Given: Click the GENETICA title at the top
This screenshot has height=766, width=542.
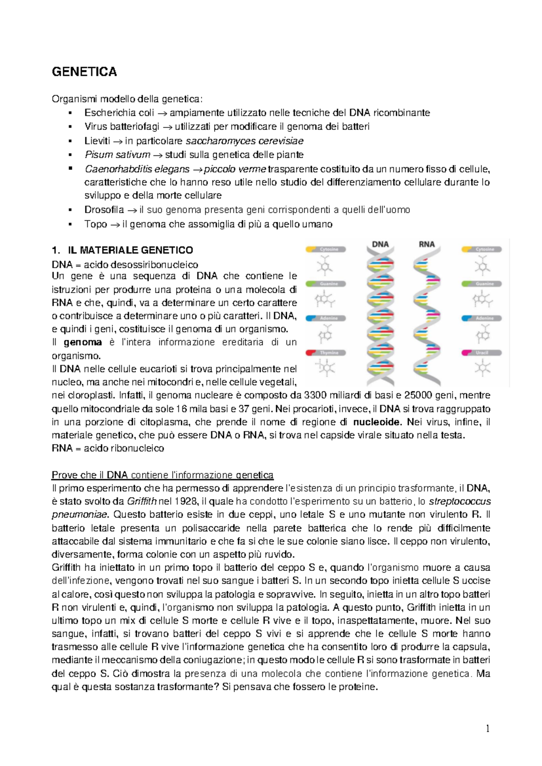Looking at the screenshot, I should point(84,72).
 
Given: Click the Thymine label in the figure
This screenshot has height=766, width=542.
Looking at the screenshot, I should point(329,353).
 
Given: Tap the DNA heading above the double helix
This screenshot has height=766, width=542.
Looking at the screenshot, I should point(380,244).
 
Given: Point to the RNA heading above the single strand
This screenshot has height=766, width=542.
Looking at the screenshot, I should point(426,244).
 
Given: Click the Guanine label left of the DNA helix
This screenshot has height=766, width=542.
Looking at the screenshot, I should point(329,284).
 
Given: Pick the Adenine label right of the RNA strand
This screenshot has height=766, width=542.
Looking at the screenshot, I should point(485,318).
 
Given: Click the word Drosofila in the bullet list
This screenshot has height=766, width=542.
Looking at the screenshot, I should point(104,210).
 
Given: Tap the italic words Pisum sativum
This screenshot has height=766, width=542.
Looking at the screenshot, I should point(117,154).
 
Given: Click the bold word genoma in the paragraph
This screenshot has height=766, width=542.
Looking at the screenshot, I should point(83,342).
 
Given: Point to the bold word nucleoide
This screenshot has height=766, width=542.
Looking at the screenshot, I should point(377,422).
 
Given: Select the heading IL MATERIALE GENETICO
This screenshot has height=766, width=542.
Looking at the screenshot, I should point(130,250).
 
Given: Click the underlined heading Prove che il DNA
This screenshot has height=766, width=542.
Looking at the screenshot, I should point(163,475).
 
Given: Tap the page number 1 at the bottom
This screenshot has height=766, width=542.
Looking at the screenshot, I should point(487,729).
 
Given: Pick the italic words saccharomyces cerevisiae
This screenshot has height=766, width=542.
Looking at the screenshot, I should point(244,141).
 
